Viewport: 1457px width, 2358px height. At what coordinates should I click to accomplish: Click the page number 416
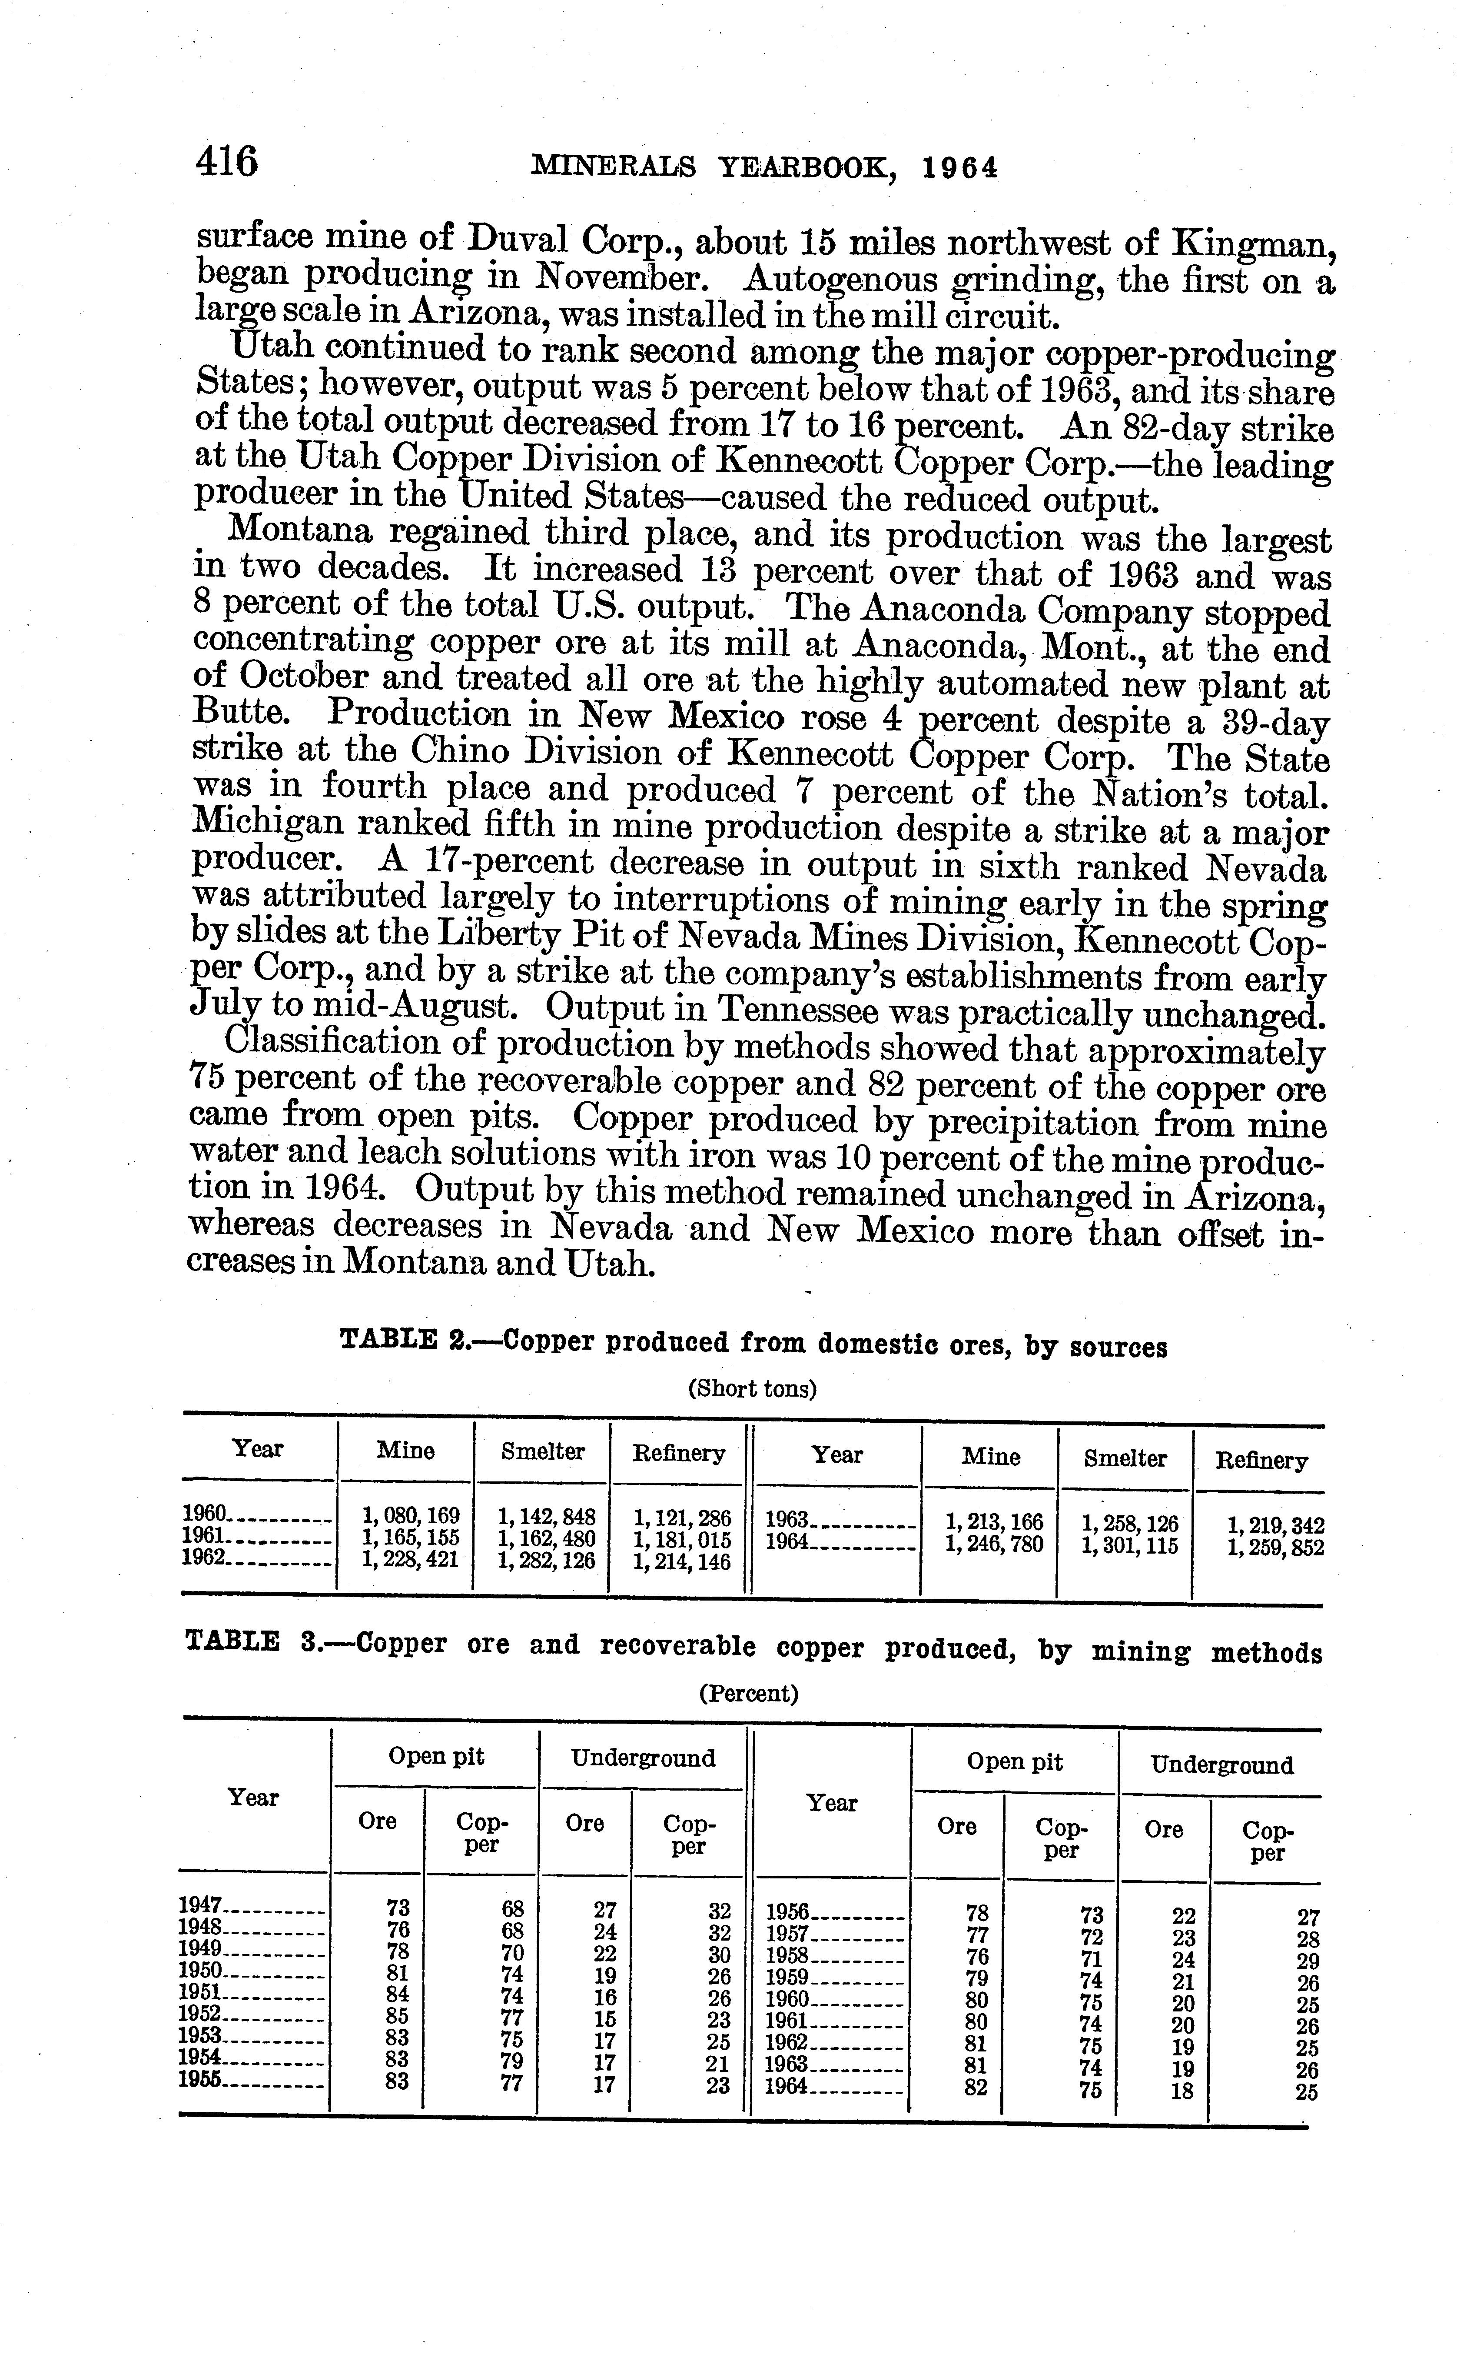point(227,161)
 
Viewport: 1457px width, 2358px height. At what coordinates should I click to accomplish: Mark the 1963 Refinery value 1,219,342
point(1276,1526)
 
